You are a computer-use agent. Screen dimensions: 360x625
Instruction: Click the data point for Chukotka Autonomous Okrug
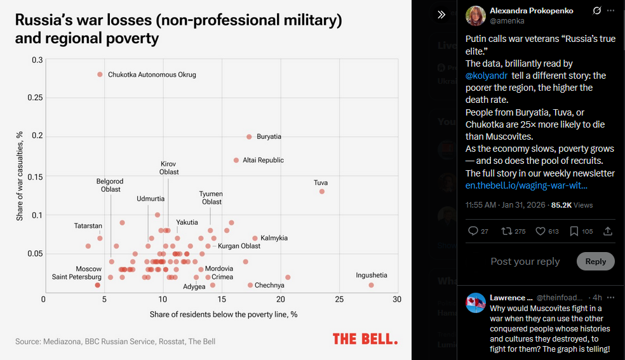(100, 74)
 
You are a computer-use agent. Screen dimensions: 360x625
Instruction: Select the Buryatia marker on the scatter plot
(249, 137)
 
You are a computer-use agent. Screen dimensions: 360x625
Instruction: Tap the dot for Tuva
(322, 191)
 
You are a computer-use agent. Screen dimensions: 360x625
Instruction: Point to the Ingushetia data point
(371, 285)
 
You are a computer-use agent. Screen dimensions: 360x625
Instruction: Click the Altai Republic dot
(236, 160)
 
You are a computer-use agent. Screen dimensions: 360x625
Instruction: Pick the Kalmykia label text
(274, 238)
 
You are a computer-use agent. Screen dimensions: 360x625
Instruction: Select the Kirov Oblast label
(169, 168)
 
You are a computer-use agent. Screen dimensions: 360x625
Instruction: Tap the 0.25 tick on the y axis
(35, 98)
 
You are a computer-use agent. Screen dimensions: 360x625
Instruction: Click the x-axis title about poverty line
(224, 314)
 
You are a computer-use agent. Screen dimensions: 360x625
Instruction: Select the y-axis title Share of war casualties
(20, 177)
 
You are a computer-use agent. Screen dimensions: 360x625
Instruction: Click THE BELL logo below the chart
(365, 339)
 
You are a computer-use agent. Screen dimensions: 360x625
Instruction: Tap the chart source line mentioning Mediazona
(115, 342)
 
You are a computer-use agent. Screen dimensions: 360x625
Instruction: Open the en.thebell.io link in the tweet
(526, 185)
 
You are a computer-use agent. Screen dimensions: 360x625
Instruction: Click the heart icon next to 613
(540, 231)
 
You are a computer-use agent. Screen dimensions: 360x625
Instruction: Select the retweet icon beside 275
(506, 231)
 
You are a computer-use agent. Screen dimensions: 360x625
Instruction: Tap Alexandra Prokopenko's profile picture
(476, 16)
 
